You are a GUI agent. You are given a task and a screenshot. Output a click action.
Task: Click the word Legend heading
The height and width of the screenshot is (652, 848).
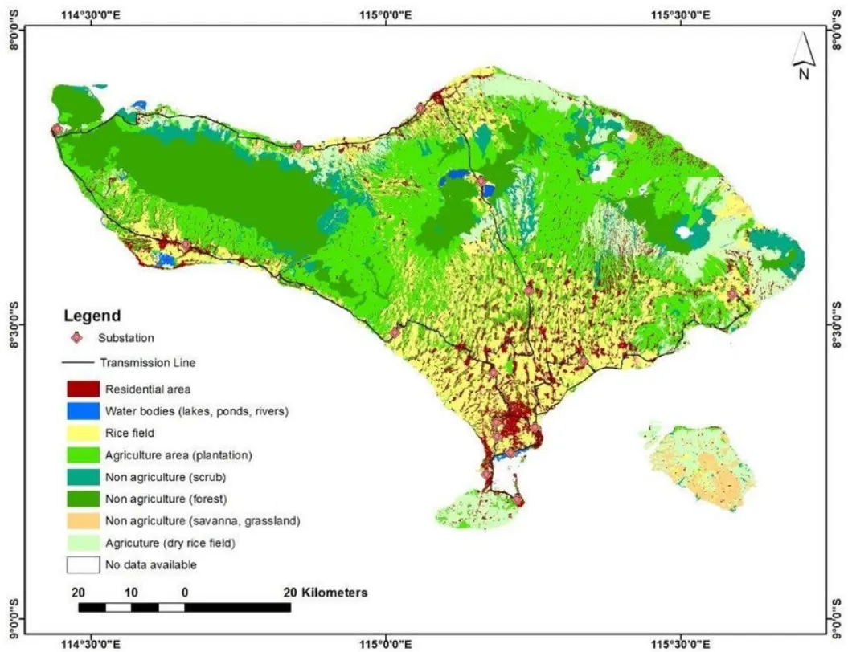(x=92, y=316)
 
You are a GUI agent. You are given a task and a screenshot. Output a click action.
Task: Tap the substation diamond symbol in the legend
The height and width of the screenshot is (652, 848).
(x=77, y=338)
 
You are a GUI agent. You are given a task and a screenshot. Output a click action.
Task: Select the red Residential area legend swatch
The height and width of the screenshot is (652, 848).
(x=83, y=389)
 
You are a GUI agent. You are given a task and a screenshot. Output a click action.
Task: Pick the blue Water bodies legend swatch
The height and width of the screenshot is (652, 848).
(x=83, y=411)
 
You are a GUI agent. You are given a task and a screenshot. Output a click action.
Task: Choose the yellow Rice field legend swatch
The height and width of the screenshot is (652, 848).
(x=83, y=434)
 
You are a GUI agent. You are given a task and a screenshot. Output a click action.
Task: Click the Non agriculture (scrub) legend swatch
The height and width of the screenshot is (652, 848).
(x=83, y=477)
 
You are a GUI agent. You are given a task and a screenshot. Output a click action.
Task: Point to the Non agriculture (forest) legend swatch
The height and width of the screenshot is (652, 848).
(x=83, y=499)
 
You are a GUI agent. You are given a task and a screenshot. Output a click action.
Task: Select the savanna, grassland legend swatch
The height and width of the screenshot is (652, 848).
(x=83, y=520)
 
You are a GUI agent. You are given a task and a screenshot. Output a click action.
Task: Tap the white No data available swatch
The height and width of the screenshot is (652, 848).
(x=83, y=564)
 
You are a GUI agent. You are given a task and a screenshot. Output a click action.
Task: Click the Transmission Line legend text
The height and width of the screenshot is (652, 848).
(x=147, y=362)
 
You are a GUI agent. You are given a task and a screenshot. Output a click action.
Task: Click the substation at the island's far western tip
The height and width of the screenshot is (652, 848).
(x=56, y=129)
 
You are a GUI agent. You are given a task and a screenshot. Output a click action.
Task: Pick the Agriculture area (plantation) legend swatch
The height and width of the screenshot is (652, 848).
(x=83, y=455)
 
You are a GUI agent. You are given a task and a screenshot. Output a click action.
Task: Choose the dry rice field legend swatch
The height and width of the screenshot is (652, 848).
(x=83, y=543)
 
